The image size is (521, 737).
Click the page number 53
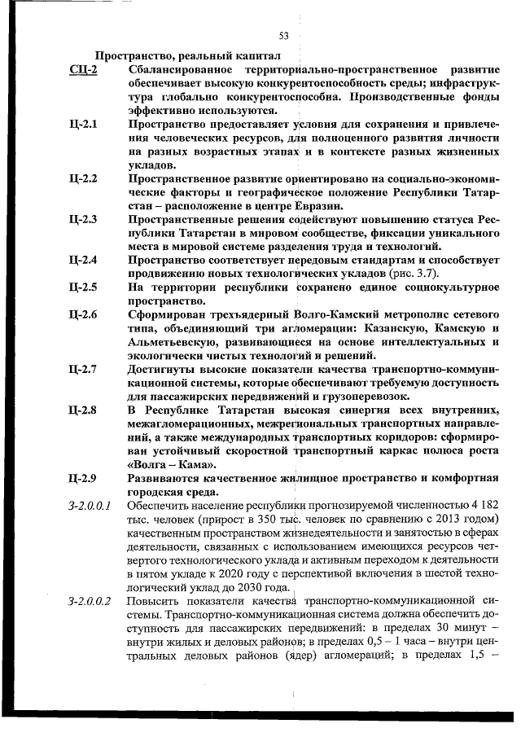point(284,35)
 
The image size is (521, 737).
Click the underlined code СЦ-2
point(84,71)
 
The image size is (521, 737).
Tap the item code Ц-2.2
point(85,178)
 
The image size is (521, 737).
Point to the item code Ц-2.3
point(85,219)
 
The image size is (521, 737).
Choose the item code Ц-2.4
point(85,260)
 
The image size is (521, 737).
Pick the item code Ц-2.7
point(85,368)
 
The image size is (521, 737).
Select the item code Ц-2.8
point(85,409)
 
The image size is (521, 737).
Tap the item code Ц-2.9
point(85,477)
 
